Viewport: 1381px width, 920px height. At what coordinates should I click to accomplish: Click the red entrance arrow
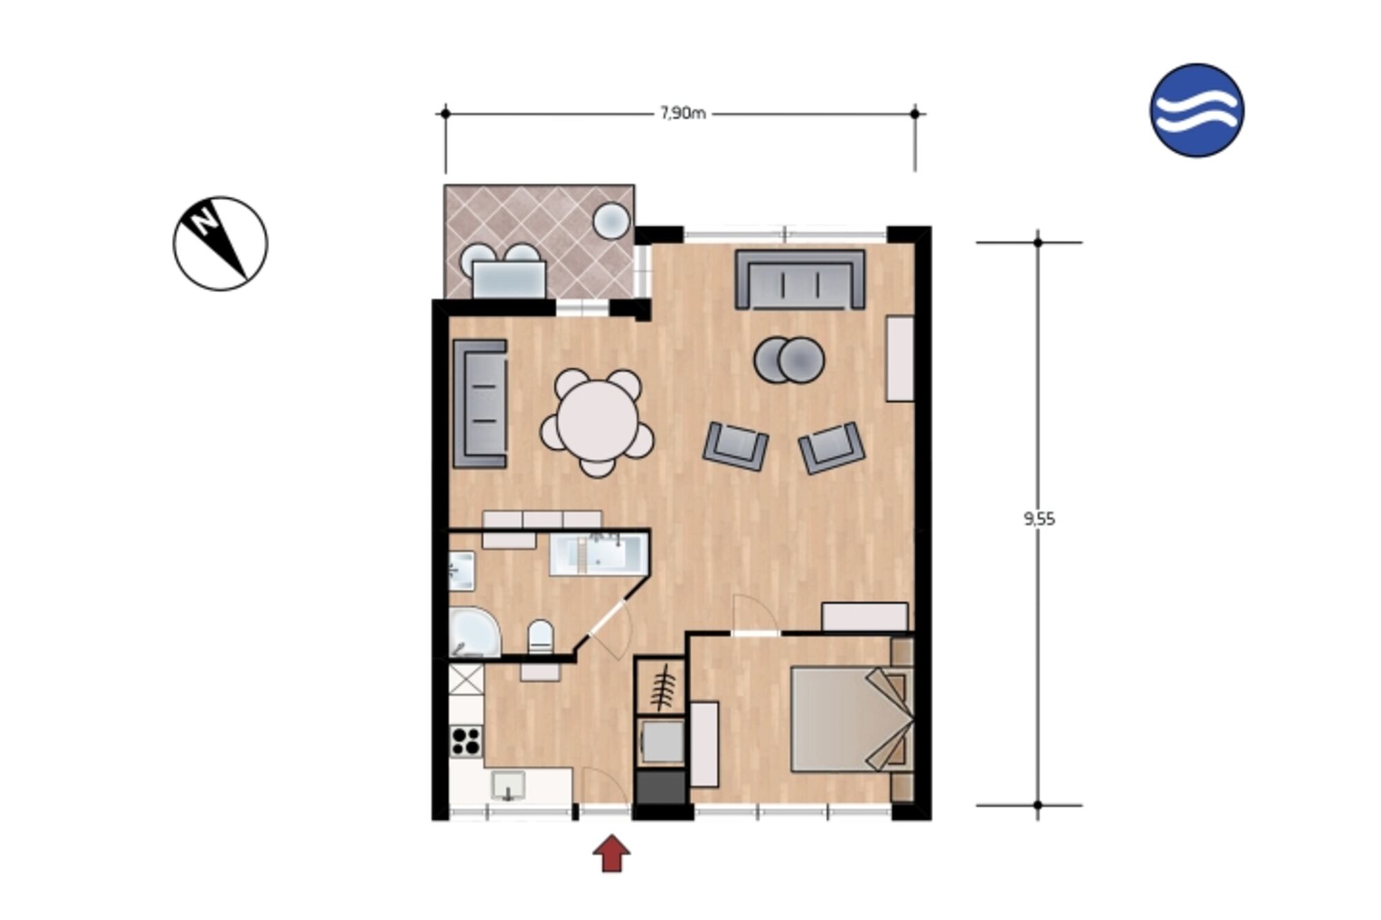coord(611,853)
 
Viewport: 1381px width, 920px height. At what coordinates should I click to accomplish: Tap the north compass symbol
coord(220,244)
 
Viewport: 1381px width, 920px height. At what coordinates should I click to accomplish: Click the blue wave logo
coord(1197,110)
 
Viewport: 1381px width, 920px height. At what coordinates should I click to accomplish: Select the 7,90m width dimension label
coord(683,113)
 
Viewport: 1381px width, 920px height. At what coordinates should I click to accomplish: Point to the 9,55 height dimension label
coord(1039,519)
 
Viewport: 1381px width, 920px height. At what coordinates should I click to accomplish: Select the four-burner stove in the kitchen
coord(467,741)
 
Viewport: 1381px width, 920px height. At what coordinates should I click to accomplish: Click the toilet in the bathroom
coord(540,636)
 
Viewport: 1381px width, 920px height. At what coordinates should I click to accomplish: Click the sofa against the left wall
coord(480,404)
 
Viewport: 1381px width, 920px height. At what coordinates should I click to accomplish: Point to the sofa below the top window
coord(800,279)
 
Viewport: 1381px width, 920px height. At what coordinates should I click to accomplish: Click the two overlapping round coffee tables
coord(789,360)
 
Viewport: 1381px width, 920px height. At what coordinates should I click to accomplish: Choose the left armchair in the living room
coord(735,447)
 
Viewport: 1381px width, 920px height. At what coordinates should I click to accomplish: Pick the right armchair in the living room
coord(831,448)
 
